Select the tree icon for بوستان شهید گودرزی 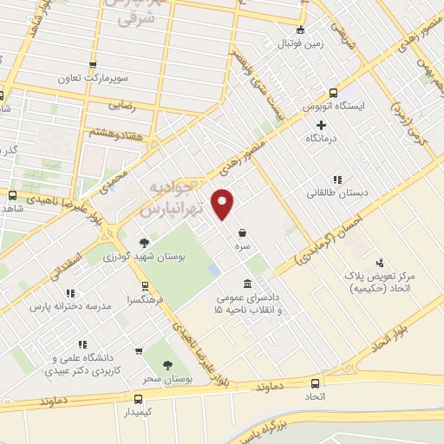click(144, 242)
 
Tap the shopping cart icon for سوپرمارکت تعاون click(94, 64)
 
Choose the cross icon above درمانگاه click(322, 126)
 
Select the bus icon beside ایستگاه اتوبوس click(334, 95)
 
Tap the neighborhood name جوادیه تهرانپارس click(180, 199)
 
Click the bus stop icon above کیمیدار click(138, 399)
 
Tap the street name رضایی click(121, 105)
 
